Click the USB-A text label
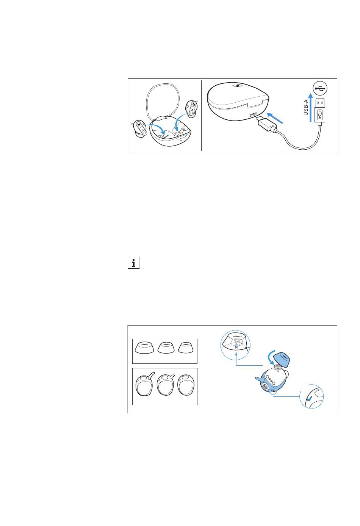point(306,108)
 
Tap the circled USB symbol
point(320,88)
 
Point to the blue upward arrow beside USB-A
point(310,108)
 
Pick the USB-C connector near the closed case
point(266,124)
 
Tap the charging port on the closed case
point(254,115)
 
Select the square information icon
point(134,263)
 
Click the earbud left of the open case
point(139,129)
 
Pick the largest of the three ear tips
point(144,348)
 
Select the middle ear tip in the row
point(166,348)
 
